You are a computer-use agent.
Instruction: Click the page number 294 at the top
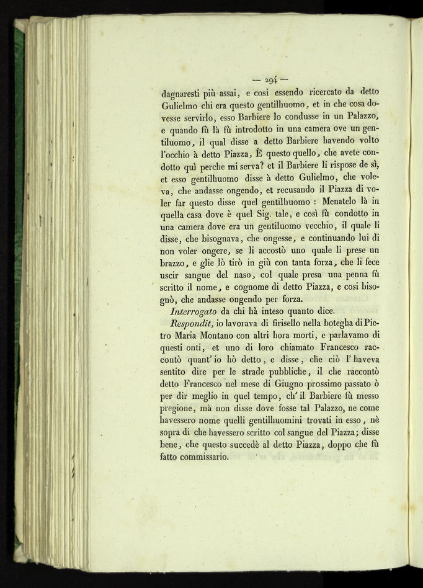[270, 80]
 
